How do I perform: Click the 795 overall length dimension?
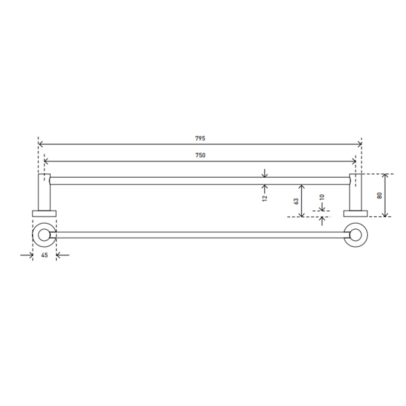tap(200, 138)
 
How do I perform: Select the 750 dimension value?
tap(200, 155)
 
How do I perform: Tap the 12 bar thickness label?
tap(265, 198)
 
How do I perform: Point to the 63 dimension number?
tap(296, 201)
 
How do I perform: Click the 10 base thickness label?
tap(322, 197)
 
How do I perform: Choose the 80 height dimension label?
tap(379, 195)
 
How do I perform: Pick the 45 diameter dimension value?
tap(44, 255)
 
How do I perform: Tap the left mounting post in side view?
tap(44, 192)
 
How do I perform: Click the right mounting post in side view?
tap(356, 192)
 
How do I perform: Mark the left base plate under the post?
tap(44, 214)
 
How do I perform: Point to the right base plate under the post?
tap(356, 214)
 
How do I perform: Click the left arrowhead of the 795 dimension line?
tap(40, 144)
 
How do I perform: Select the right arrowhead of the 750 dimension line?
tap(354, 161)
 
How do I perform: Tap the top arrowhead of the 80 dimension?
tap(385, 176)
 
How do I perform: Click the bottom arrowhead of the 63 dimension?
tap(301, 215)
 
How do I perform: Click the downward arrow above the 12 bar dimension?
tap(265, 174)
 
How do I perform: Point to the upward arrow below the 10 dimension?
tap(322, 220)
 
